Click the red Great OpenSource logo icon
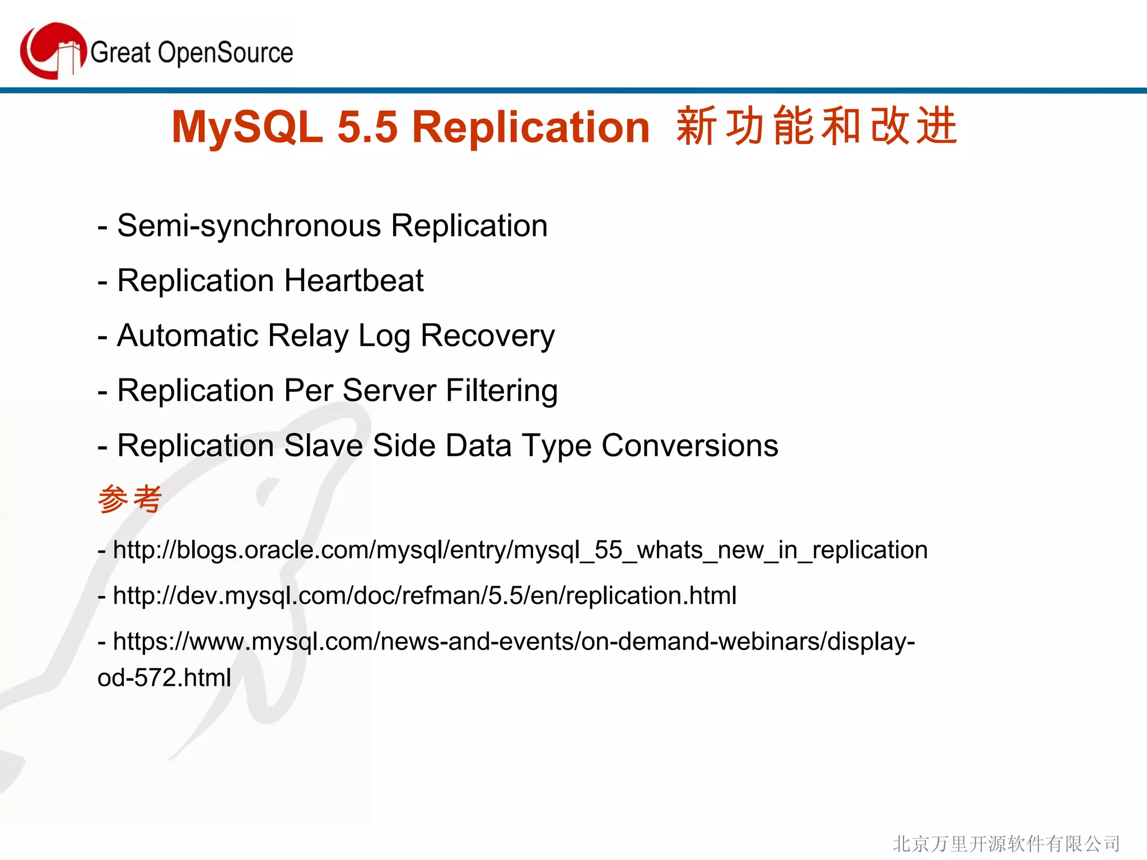(x=53, y=51)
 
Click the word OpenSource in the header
(x=225, y=53)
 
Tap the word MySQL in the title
(x=247, y=127)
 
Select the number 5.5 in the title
(x=367, y=127)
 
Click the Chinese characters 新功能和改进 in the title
(x=817, y=127)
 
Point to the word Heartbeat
(x=354, y=281)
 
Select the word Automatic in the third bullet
(x=188, y=336)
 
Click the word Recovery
(x=487, y=336)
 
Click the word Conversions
(x=689, y=446)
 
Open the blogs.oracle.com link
(x=520, y=550)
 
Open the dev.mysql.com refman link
(x=425, y=596)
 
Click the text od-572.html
(x=164, y=678)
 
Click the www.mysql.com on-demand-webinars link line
(x=513, y=642)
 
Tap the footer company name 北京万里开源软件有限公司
(x=1006, y=843)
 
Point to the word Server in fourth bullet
(x=389, y=390)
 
